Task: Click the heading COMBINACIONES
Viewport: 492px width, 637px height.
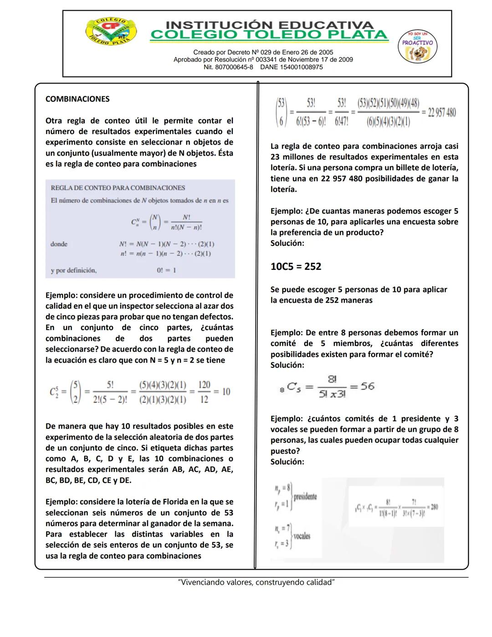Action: tap(77, 99)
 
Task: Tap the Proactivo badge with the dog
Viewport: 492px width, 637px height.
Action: tap(417, 47)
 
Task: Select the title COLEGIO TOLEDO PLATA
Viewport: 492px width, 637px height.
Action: tap(269, 35)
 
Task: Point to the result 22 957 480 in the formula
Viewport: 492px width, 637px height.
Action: tap(441, 113)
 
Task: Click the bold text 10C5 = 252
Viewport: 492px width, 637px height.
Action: tap(296, 266)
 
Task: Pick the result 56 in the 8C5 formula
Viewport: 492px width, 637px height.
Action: tap(367, 386)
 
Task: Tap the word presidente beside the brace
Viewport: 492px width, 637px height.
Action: tap(305, 497)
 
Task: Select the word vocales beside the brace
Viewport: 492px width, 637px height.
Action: tap(302, 536)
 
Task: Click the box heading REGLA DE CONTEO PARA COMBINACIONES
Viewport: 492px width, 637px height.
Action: tap(118, 188)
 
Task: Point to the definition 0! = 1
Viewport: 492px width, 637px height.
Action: tap(166, 270)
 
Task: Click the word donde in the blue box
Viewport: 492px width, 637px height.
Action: tap(59, 244)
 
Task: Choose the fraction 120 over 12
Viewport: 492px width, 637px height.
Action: tap(204, 392)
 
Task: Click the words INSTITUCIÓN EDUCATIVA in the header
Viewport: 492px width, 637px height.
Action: tap(269, 25)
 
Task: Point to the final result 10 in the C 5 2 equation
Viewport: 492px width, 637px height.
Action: tap(226, 392)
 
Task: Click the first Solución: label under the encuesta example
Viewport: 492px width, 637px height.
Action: tap(287, 243)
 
